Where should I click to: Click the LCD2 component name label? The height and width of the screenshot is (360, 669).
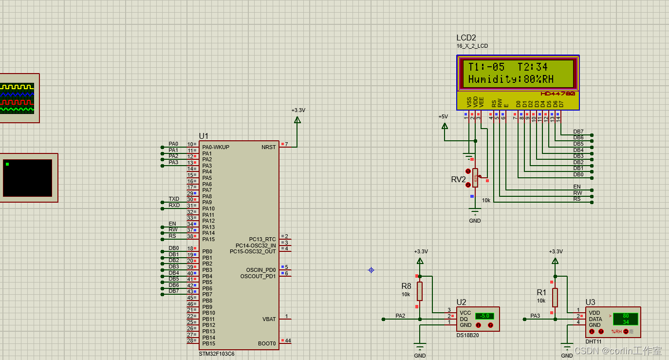point(466,38)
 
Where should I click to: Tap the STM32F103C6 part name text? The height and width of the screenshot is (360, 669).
point(216,354)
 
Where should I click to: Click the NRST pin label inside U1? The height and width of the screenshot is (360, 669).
point(268,147)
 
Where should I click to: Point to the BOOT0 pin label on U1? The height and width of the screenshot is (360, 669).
point(267,343)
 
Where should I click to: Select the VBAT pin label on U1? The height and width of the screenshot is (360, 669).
point(269,319)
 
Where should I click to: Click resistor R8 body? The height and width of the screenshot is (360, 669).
point(420,291)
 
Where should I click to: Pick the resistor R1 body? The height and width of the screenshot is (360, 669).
point(555,297)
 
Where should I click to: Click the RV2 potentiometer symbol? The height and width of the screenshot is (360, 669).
point(475,178)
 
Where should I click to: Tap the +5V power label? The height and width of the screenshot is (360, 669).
point(443,117)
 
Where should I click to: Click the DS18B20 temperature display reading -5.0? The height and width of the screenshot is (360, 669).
point(484,316)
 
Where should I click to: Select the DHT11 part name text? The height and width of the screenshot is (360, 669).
point(594,341)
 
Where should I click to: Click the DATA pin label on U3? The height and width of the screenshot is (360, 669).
point(595,319)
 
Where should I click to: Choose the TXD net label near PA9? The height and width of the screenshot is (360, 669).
point(174,199)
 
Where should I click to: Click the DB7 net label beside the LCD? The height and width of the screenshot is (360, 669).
point(578,132)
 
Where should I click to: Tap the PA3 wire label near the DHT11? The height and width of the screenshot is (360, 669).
point(535,316)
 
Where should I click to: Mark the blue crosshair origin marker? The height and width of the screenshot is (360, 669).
point(371,270)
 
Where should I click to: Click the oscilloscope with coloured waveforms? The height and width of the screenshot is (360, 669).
point(18,98)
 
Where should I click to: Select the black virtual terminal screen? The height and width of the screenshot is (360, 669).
point(27,178)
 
